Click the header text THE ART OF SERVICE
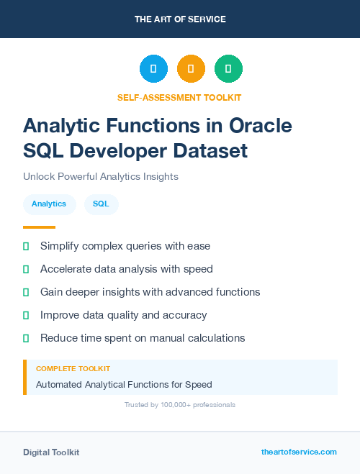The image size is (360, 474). [x=180, y=19]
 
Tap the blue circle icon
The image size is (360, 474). [x=153, y=69]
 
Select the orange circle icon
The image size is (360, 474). [x=191, y=69]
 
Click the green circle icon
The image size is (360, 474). [x=228, y=69]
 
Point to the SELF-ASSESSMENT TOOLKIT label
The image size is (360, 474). [x=179, y=97]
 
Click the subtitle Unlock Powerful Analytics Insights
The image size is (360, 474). [x=100, y=176]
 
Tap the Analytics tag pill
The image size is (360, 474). [x=49, y=204]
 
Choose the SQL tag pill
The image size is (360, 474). [x=101, y=204]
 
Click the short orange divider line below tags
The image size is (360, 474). [x=39, y=227]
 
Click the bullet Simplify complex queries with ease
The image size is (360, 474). [x=125, y=246]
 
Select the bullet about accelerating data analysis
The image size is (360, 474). [x=127, y=269]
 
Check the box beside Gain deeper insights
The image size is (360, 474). [x=26, y=292]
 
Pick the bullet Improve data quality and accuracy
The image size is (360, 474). [x=123, y=315]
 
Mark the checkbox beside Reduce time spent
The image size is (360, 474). [x=26, y=338]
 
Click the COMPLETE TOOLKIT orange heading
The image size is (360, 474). [x=73, y=368]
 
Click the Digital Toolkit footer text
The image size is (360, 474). [x=51, y=452]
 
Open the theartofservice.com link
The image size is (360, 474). [x=299, y=452]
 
